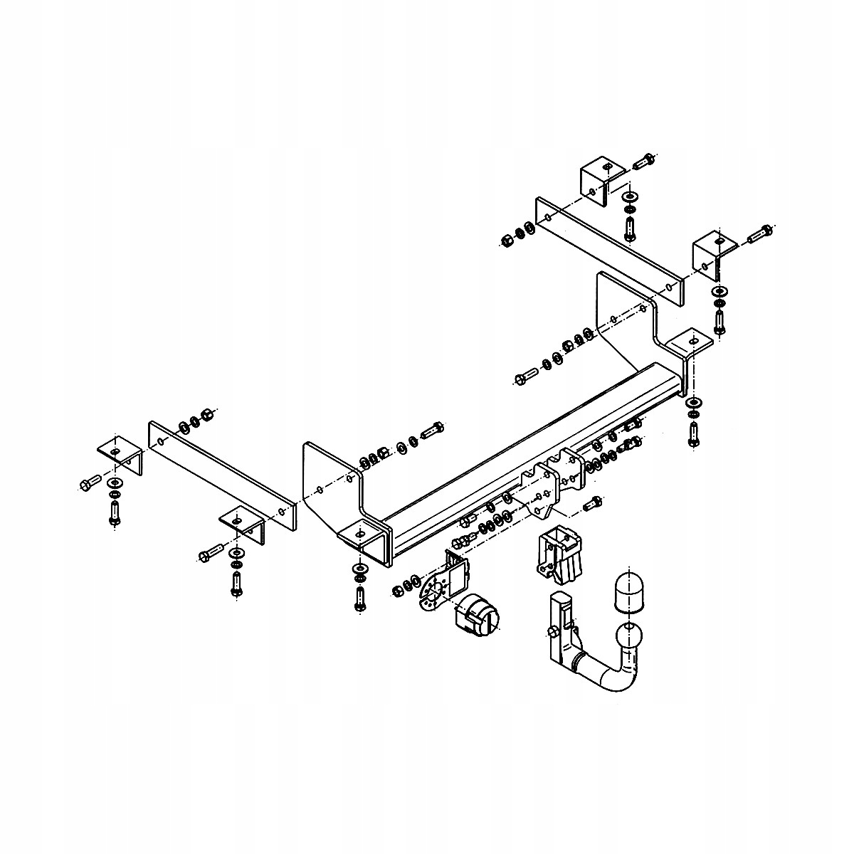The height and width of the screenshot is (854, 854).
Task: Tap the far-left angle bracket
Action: pyautogui.click(x=119, y=455)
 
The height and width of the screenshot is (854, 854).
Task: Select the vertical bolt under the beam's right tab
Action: pyautogui.click(x=693, y=433)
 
